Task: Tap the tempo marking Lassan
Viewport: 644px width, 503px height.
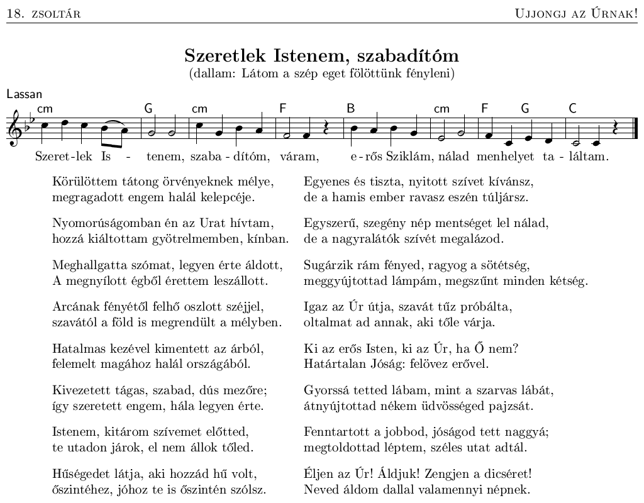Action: coord(24,94)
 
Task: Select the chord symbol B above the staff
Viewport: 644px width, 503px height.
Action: coord(351,108)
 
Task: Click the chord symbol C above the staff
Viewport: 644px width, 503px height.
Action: coord(572,108)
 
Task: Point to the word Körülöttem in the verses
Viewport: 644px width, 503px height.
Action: coord(82,182)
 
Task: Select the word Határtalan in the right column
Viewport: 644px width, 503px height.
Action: coord(331,364)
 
